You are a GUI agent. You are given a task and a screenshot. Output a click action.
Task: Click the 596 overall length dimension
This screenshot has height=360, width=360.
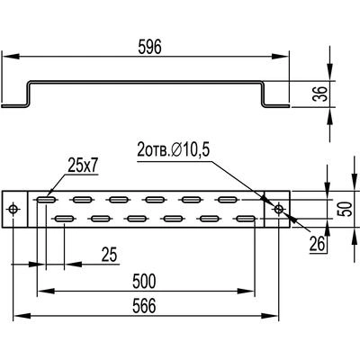pyautogui.click(x=149, y=47)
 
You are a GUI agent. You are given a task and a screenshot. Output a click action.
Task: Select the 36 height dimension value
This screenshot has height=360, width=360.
pyautogui.click(x=320, y=94)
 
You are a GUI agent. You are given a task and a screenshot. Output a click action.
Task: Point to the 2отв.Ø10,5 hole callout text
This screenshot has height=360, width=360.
pyautogui.click(x=173, y=150)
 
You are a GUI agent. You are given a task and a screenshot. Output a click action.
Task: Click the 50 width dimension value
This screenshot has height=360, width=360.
pyautogui.click(x=345, y=209)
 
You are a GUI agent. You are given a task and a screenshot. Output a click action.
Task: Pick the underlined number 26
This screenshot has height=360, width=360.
pyautogui.click(x=318, y=244)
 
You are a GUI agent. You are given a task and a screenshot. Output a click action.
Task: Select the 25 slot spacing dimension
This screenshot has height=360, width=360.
pyautogui.click(x=109, y=255)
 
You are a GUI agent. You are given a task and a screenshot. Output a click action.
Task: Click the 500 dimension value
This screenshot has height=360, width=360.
pyautogui.click(x=144, y=281)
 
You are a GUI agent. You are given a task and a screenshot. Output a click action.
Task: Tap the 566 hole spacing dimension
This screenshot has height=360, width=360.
pyautogui.click(x=144, y=306)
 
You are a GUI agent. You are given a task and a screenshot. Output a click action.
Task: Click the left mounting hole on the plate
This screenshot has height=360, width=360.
pyautogui.click(x=13, y=209)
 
